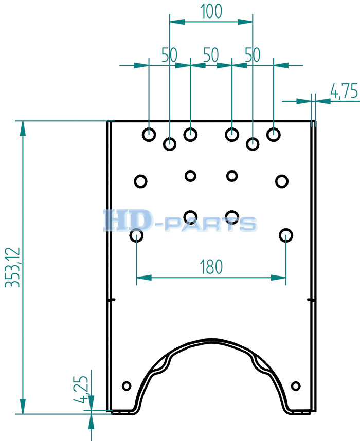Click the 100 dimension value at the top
pos(211,11)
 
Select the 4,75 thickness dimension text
pos(344,91)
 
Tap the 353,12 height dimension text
pos(13,267)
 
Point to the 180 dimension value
pos(211,267)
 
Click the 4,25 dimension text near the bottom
pos(81,389)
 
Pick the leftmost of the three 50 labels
pos(169,55)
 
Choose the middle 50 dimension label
pos(211,55)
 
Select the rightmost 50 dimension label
pos(253,55)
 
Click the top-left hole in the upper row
pos(149,135)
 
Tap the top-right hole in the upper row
pos(273,135)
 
